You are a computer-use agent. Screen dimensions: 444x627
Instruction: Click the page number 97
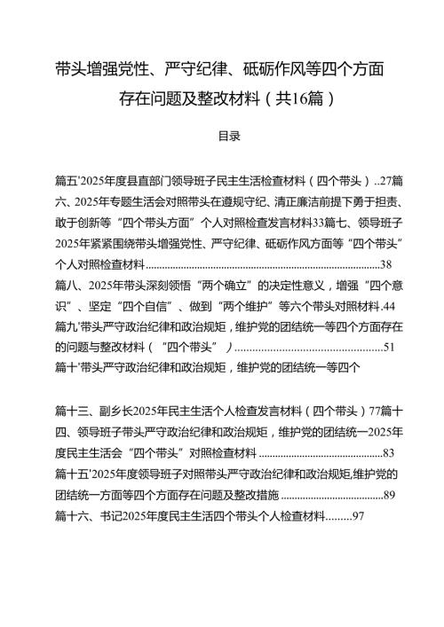(359, 515)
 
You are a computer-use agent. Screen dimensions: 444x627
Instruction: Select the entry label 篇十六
(70, 515)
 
